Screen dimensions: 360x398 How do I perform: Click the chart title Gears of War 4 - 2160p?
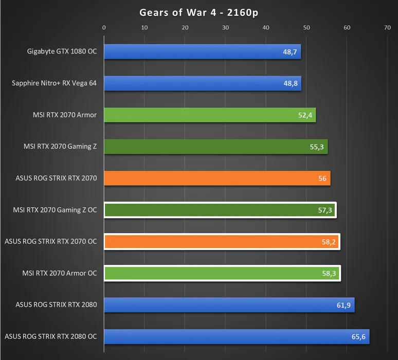[x=199, y=12]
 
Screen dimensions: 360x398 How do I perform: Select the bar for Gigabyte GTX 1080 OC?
[x=202, y=51]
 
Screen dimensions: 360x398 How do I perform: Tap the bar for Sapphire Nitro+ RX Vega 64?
[x=202, y=83]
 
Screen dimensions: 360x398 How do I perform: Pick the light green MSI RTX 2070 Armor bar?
[x=209, y=115]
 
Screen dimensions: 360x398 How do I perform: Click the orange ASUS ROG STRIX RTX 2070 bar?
[x=216, y=178]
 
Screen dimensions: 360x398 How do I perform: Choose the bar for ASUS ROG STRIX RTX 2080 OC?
[x=236, y=337]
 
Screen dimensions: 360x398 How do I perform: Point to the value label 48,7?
[x=290, y=52]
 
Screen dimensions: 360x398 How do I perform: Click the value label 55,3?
[x=317, y=147]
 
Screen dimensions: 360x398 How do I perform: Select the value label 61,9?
[x=343, y=305]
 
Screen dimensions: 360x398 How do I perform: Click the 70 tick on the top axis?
[x=387, y=28]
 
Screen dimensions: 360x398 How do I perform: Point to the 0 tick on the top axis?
[x=104, y=28]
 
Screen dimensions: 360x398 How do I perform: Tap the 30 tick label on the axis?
[x=225, y=28]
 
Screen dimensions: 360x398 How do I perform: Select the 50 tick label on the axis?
[x=306, y=28]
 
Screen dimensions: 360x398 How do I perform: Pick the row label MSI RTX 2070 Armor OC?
[x=60, y=273]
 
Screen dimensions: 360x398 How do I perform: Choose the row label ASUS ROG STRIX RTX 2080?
[x=56, y=305]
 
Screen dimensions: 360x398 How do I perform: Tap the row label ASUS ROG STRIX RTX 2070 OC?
[x=50, y=241]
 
